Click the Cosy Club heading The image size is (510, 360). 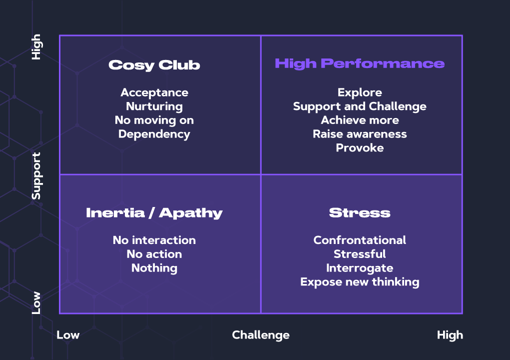pos(154,65)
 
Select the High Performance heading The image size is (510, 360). pos(360,63)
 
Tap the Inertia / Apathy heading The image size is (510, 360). pos(154,213)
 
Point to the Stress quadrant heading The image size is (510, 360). pos(360,213)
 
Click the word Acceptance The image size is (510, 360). pos(154,92)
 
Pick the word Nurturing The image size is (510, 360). pos(154,106)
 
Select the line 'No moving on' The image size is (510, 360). pos(154,120)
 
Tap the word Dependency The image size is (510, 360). pos(154,134)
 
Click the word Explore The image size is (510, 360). pos(360,92)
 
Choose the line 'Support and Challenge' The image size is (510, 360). pos(360,106)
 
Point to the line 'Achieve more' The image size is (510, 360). pos(360,120)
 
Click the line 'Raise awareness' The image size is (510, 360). pos(360,134)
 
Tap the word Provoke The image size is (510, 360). pos(360,148)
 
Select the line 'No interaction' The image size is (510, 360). pos(154,240)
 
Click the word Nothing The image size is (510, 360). pos(154,268)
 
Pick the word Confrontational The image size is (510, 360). pos(360,240)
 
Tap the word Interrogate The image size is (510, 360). pos(360,268)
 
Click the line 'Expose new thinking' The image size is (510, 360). pos(360,282)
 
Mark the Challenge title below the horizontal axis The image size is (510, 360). pos(261,335)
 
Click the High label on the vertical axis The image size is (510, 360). pos(36,47)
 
